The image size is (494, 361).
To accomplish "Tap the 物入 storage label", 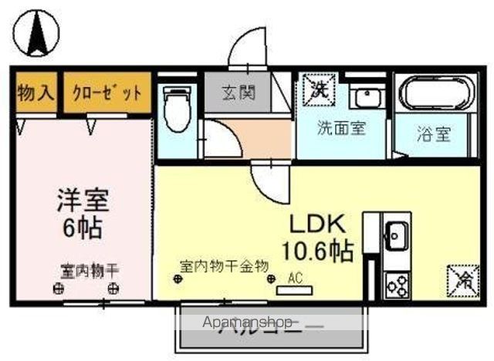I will pos(36,93).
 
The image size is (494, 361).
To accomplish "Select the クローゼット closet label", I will pos(107,94).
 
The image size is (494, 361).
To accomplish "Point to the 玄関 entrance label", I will pos(239,93).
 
